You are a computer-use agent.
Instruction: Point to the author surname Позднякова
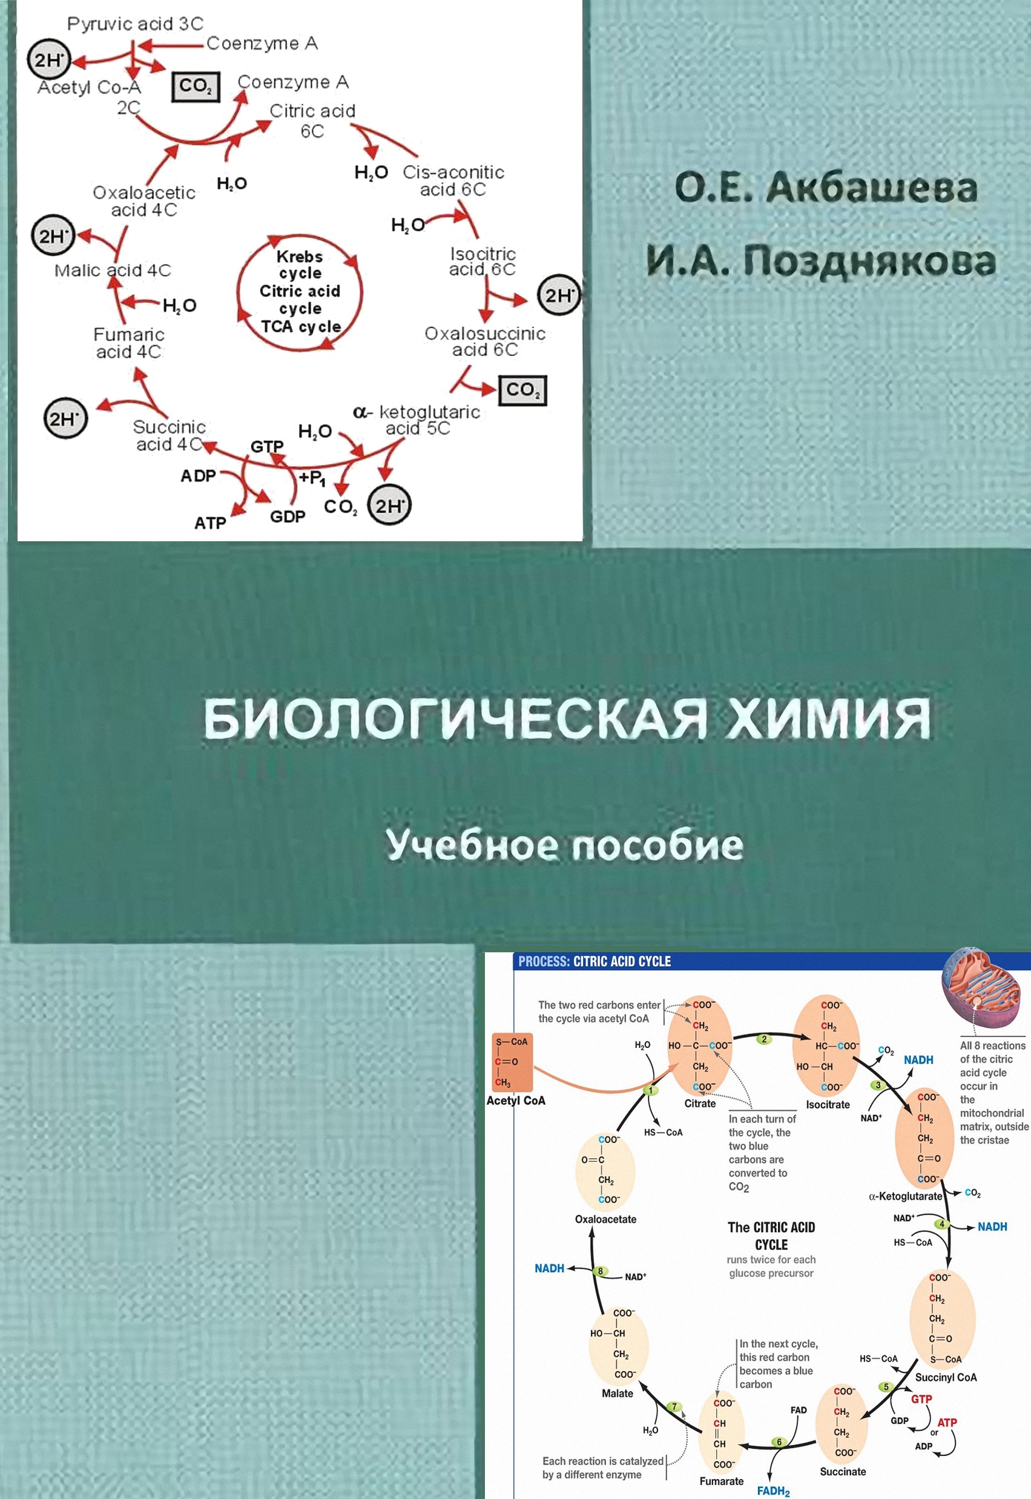869,261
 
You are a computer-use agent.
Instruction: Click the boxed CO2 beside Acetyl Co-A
196,87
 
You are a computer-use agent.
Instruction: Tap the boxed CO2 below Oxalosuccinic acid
522,390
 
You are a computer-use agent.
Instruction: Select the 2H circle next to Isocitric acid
559,296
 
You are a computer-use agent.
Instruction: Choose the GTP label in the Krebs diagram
266,446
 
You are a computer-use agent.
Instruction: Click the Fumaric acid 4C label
128,343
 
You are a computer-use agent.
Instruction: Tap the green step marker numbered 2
764,1039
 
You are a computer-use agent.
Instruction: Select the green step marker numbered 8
600,1271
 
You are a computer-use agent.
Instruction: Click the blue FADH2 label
773,1491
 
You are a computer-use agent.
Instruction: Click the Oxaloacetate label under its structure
605,1219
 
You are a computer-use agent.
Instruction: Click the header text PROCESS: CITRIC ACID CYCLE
595,961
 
